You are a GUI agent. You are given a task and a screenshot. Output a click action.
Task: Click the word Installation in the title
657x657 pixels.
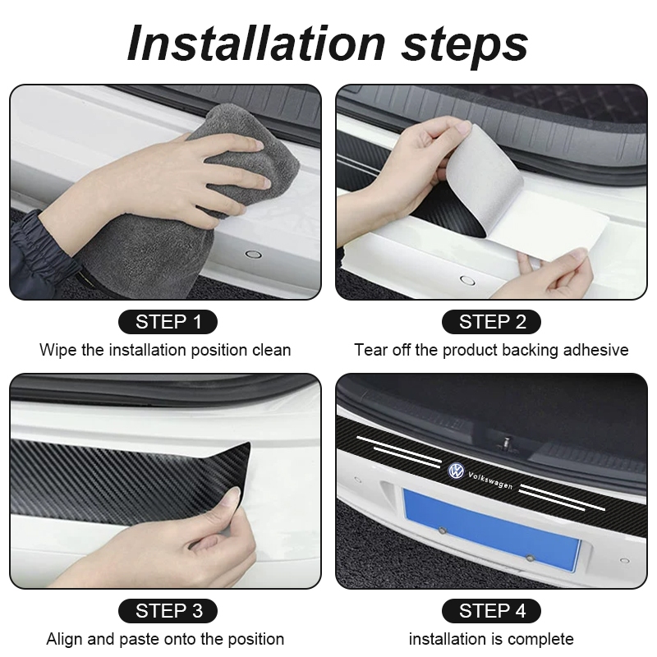click(256, 44)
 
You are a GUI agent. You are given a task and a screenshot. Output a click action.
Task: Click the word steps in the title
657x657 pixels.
click(465, 46)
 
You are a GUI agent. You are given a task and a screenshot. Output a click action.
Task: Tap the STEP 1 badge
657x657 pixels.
click(168, 322)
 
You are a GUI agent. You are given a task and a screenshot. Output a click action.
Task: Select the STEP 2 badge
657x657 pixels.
click(491, 322)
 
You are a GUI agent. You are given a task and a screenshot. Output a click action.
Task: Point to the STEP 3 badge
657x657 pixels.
click(168, 611)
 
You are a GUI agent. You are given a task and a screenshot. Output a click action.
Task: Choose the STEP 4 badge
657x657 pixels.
click(491, 611)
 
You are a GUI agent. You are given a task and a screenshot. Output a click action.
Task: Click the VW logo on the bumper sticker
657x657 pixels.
click(456, 471)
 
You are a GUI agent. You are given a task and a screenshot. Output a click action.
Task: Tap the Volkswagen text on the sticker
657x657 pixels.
click(490, 480)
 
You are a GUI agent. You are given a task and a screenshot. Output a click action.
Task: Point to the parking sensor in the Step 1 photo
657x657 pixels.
click(253, 254)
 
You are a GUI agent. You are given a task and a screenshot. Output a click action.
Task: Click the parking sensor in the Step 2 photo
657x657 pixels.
click(467, 280)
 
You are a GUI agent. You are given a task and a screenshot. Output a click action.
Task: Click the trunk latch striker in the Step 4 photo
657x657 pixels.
click(507, 443)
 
